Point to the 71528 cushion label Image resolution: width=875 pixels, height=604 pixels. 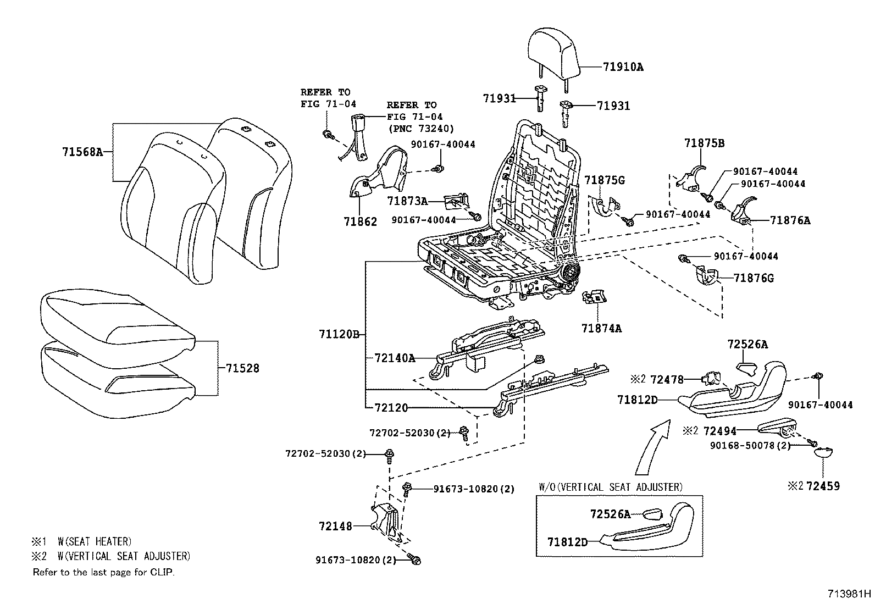(242, 368)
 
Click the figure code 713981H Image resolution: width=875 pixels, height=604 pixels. (850, 594)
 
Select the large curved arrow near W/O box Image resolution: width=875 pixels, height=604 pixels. (652, 446)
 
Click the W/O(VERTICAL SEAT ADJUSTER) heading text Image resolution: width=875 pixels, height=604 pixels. (610, 487)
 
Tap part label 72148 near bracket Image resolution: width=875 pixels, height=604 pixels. (335, 526)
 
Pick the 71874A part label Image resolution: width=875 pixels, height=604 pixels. (601, 328)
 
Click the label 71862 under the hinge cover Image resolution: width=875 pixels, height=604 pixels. (361, 221)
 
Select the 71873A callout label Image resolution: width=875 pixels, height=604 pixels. (407, 201)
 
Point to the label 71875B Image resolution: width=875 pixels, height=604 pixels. (704, 143)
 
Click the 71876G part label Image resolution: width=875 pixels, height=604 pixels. (754, 278)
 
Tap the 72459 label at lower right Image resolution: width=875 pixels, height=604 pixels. (823, 486)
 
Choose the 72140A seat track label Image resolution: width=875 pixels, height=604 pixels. (395, 358)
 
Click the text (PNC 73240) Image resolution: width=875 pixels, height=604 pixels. (420, 129)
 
